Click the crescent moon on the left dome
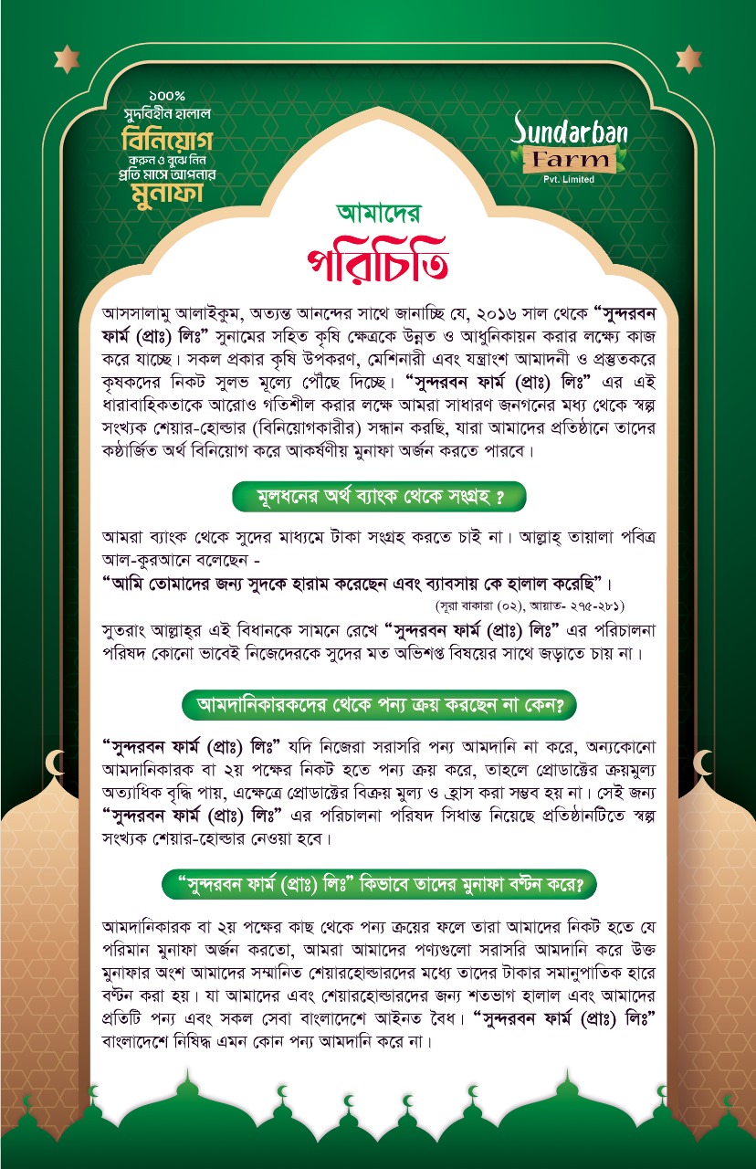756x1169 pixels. point(59,760)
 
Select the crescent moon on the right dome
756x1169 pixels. point(703,760)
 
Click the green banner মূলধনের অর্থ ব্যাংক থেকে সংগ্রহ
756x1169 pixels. point(378,498)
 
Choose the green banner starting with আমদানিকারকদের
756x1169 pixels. point(378,705)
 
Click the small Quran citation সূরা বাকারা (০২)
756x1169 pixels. point(494,606)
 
